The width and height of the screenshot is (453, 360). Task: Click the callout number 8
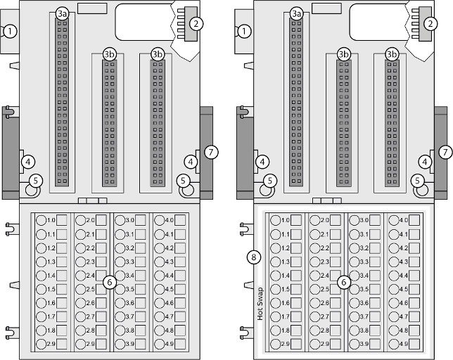pyautogui.click(x=253, y=257)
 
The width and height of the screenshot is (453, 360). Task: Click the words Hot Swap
pyautogui.click(x=259, y=303)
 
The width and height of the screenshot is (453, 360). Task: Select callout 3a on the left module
pyautogui.click(x=62, y=13)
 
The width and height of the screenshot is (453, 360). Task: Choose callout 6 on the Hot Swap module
pyautogui.click(x=344, y=282)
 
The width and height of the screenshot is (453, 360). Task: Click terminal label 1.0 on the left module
pyautogui.click(x=51, y=221)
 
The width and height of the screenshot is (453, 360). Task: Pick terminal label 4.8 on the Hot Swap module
pyautogui.click(x=402, y=330)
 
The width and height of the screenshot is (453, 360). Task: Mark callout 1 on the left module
pyautogui.click(x=10, y=31)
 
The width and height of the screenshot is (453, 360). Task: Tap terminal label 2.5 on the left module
pyautogui.click(x=90, y=289)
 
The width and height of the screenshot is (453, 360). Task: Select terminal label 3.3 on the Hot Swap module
pyautogui.click(x=364, y=262)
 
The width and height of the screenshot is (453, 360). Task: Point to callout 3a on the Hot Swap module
pyautogui.click(x=297, y=13)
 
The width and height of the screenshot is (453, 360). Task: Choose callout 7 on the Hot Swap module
pyautogui.click(x=444, y=151)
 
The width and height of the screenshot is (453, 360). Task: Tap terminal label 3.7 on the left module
pyautogui.click(x=129, y=316)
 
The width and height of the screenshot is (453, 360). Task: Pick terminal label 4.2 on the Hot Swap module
pyautogui.click(x=402, y=248)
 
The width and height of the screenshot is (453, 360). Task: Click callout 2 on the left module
pyautogui.click(x=196, y=23)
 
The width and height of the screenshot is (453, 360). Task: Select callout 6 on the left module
pyautogui.click(x=109, y=282)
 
